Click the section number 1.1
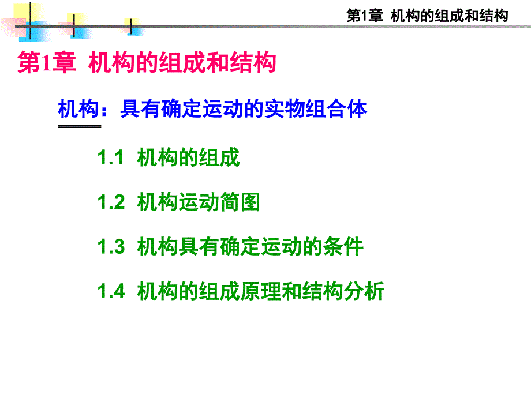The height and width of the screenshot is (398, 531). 110,157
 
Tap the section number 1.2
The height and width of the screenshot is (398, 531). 111,202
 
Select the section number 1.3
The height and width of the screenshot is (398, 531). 111,246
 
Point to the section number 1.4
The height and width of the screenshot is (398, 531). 111,291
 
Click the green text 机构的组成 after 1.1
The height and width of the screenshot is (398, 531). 188,157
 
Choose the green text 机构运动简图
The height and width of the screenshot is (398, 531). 199,202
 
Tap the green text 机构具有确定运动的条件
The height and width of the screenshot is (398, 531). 250,246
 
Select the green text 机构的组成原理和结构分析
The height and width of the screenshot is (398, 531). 260,291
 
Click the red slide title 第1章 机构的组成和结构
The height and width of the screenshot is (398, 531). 147,62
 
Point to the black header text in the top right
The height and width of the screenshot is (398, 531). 427,16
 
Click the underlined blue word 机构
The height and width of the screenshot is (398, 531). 78,108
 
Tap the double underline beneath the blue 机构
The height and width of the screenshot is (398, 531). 80,126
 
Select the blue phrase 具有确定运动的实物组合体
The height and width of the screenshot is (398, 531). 244,108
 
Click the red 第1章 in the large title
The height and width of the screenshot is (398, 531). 46,63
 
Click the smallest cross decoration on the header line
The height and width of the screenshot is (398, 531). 131,27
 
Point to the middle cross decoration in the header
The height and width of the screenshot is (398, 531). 74,27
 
